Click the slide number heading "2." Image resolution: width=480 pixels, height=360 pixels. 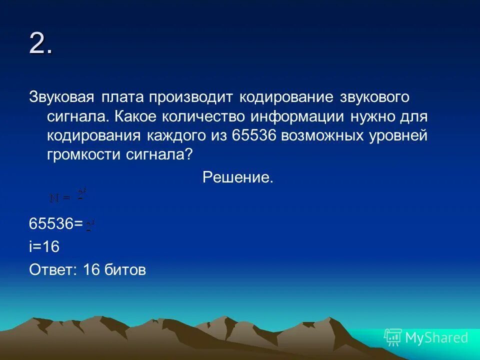(x=41, y=45)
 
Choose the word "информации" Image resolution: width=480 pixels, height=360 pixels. (x=297, y=116)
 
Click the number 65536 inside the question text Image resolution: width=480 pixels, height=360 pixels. (x=254, y=135)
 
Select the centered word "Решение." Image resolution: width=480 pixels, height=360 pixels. (x=238, y=177)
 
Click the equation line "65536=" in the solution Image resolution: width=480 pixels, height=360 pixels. (x=56, y=224)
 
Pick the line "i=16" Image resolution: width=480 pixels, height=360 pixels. (x=44, y=247)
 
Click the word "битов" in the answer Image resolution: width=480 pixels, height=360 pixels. (x=125, y=270)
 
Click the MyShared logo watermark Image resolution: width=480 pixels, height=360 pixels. (x=426, y=337)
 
